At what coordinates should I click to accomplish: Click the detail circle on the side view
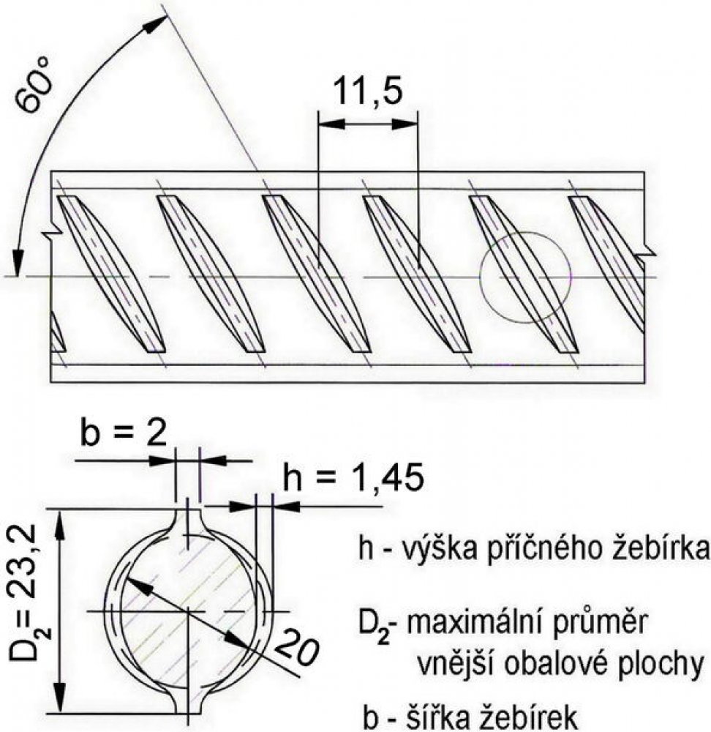point(525,277)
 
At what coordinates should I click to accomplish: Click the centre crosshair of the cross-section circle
point(188,610)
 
